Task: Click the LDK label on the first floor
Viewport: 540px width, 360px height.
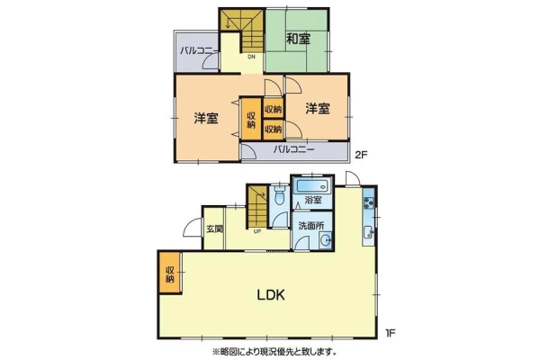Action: [271, 295]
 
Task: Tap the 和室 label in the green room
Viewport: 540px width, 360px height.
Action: [299, 39]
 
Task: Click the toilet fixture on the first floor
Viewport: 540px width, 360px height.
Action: [279, 195]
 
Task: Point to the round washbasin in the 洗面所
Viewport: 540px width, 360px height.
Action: [325, 239]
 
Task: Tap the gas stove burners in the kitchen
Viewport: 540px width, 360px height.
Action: [369, 202]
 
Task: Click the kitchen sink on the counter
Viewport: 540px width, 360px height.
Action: [368, 234]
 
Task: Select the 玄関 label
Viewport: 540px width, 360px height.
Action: [215, 229]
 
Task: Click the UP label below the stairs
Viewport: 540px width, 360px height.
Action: [257, 231]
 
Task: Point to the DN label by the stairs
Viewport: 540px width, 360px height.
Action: [251, 57]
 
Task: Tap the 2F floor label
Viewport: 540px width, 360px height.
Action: [361, 155]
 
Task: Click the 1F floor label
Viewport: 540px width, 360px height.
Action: [390, 333]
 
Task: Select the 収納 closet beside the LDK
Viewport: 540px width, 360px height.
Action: [170, 274]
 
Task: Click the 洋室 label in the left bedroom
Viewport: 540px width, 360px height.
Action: [205, 118]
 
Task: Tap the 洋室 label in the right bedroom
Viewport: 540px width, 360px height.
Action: [318, 109]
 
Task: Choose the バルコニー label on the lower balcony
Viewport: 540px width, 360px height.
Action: [294, 149]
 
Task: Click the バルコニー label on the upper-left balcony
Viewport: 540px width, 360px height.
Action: [199, 51]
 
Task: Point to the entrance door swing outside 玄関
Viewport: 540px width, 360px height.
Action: [192, 228]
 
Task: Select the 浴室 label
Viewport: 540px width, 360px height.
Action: [313, 200]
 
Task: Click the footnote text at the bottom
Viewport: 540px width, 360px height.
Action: [274, 352]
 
